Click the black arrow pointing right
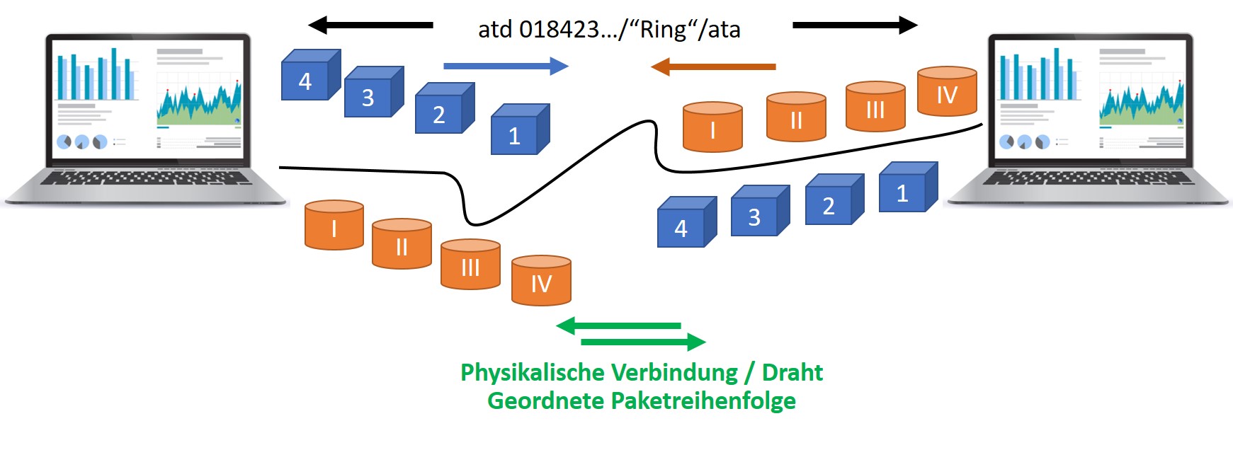tap(854, 25)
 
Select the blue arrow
tap(506, 67)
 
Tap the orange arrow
tap(713, 67)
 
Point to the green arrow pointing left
tap(619, 326)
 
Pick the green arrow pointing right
tap(642, 342)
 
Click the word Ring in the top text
tap(664, 30)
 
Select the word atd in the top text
tap(495, 30)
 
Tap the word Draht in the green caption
tap(792, 373)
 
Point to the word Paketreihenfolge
tap(703, 401)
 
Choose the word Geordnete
tap(545, 401)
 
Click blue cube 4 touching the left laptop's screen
tap(309, 76)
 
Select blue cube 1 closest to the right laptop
tap(907, 188)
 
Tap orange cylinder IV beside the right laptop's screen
tap(947, 91)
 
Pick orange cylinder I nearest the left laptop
tap(334, 226)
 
